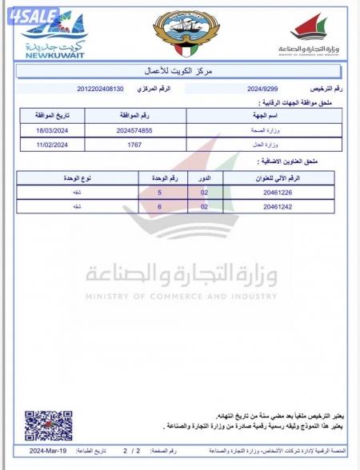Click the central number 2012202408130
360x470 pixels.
click(x=101, y=88)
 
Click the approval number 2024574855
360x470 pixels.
click(x=134, y=130)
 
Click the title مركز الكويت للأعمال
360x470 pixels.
click(x=179, y=72)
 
